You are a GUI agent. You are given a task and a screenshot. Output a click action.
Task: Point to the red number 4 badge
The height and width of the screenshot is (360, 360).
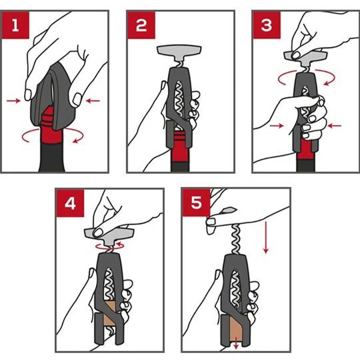pos(70,203)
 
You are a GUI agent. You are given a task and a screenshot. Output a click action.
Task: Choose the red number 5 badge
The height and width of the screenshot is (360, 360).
pos(196,203)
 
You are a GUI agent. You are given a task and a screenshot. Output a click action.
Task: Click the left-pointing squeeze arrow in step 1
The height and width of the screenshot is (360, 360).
pos(93,101)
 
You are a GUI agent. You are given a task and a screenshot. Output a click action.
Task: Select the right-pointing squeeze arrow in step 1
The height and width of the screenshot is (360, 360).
pos(13,101)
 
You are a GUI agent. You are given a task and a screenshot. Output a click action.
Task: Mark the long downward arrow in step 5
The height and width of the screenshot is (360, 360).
pos(266,237)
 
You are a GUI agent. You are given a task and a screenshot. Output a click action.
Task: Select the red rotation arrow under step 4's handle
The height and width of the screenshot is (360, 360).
pos(110,247)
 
